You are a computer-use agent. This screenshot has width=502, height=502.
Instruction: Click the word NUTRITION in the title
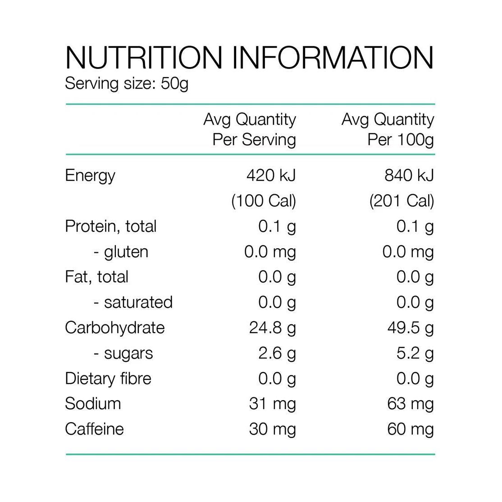(x=144, y=58)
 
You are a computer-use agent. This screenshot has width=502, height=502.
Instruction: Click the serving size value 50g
(x=174, y=84)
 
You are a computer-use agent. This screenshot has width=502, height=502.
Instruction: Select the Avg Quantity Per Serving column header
(x=250, y=129)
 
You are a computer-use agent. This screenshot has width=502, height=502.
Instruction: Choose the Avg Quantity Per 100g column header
(x=388, y=129)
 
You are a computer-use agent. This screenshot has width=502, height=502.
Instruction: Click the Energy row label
(x=90, y=175)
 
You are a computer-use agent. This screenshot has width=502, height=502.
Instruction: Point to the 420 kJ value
(x=271, y=175)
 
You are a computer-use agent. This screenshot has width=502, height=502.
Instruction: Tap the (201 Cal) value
(x=402, y=201)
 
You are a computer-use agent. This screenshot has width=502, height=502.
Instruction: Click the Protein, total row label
(x=110, y=226)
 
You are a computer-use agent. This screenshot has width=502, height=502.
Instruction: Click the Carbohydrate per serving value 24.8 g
(x=273, y=328)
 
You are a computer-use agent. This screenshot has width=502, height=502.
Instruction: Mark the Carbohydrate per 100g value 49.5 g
(x=411, y=328)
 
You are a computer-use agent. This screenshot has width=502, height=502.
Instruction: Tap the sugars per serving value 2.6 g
(x=277, y=353)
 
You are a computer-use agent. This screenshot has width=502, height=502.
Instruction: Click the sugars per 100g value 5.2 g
(x=415, y=353)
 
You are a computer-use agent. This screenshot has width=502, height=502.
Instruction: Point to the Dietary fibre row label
(x=108, y=379)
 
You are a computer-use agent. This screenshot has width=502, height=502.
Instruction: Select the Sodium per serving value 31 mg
(x=272, y=403)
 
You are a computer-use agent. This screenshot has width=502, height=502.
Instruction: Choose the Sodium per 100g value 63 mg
(x=410, y=403)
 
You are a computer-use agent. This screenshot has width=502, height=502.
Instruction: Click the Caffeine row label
(x=94, y=429)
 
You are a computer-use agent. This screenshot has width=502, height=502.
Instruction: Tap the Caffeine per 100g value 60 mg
(x=410, y=429)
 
